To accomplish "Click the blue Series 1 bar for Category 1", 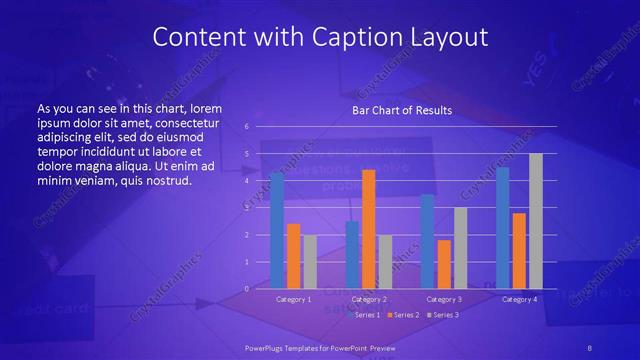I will pyautogui.click(x=277, y=231).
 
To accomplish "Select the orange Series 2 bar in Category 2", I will pyautogui.click(x=369, y=229).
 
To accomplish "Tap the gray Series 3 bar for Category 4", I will pyautogui.click(x=536, y=221).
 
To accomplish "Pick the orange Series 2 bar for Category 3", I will pyautogui.click(x=444, y=264).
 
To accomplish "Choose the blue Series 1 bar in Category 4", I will pyautogui.click(x=503, y=228).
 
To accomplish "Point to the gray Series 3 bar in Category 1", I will pyautogui.click(x=309, y=262).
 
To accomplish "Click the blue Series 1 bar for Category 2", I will pyautogui.click(x=352, y=255).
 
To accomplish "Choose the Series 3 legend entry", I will pyautogui.click(x=444, y=314).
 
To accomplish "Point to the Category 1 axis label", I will pyautogui.click(x=293, y=299).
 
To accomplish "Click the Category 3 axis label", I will pyautogui.click(x=444, y=299).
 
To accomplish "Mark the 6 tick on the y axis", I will pyautogui.click(x=246, y=127).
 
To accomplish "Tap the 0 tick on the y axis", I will pyautogui.click(x=246, y=289).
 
